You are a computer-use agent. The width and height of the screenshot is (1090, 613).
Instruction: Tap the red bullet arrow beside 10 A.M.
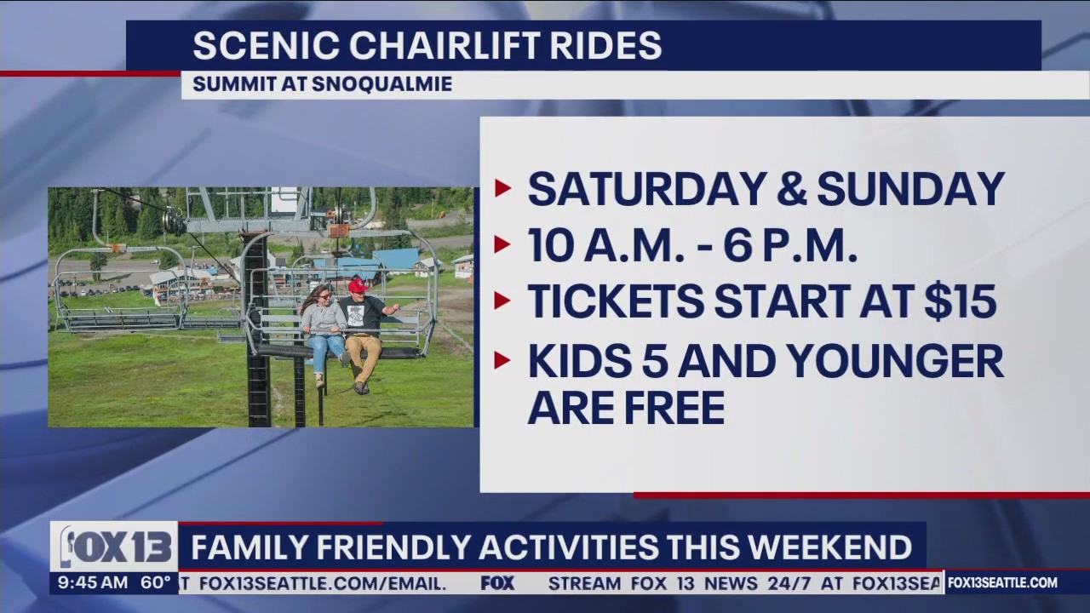[502, 246]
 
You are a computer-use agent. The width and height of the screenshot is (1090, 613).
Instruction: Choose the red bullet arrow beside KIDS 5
[502, 361]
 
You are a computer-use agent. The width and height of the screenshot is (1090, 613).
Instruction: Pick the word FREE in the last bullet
[675, 408]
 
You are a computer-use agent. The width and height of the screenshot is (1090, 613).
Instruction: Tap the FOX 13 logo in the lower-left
[114, 547]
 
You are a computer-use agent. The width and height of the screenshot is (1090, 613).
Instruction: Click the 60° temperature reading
[156, 583]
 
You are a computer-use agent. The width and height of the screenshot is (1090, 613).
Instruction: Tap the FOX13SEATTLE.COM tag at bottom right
[1002, 583]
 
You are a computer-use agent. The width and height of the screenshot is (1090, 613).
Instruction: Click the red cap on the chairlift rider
[358, 284]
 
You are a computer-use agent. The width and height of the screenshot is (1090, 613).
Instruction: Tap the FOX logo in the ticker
[497, 583]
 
